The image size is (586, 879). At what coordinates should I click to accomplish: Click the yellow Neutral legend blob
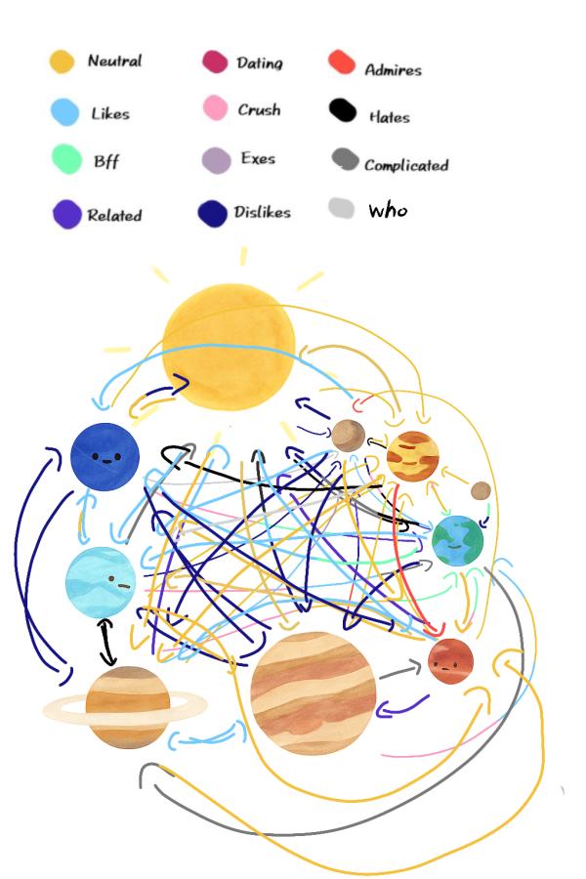click(x=63, y=62)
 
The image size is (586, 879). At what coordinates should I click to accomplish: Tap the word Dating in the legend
click(x=259, y=63)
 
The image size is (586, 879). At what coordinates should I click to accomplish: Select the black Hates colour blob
click(x=342, y=110)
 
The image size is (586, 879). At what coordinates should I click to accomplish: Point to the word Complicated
click(x=405, y=165)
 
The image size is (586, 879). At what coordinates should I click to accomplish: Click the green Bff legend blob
click(x=66, y=158)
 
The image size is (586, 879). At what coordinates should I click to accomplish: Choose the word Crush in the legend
click(x=259, y=110)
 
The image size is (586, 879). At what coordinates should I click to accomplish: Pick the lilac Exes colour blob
click(x=216, y=159)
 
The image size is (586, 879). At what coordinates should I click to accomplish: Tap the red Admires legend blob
click(x=342, y=63)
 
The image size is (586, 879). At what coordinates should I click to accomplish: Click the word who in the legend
click(x=388, y=210)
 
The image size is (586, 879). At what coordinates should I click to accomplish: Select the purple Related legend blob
click(x=66, y=214)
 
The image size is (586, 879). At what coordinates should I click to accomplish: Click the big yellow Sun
click(x=229, y=345)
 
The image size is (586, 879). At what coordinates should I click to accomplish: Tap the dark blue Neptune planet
click(x=105, y=455)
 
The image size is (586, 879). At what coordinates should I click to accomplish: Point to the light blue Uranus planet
click(x=100, y=582)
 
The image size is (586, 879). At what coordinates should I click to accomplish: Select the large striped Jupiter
click(x=313, y=692)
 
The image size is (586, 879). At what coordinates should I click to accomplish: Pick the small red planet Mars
click(x=450, y=661)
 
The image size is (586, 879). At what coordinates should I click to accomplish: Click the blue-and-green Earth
click(x=457, y=540)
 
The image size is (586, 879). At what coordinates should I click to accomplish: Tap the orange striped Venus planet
click(x=412, y=456)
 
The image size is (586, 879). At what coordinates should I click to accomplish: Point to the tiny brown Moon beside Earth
click(x=481, y=490)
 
